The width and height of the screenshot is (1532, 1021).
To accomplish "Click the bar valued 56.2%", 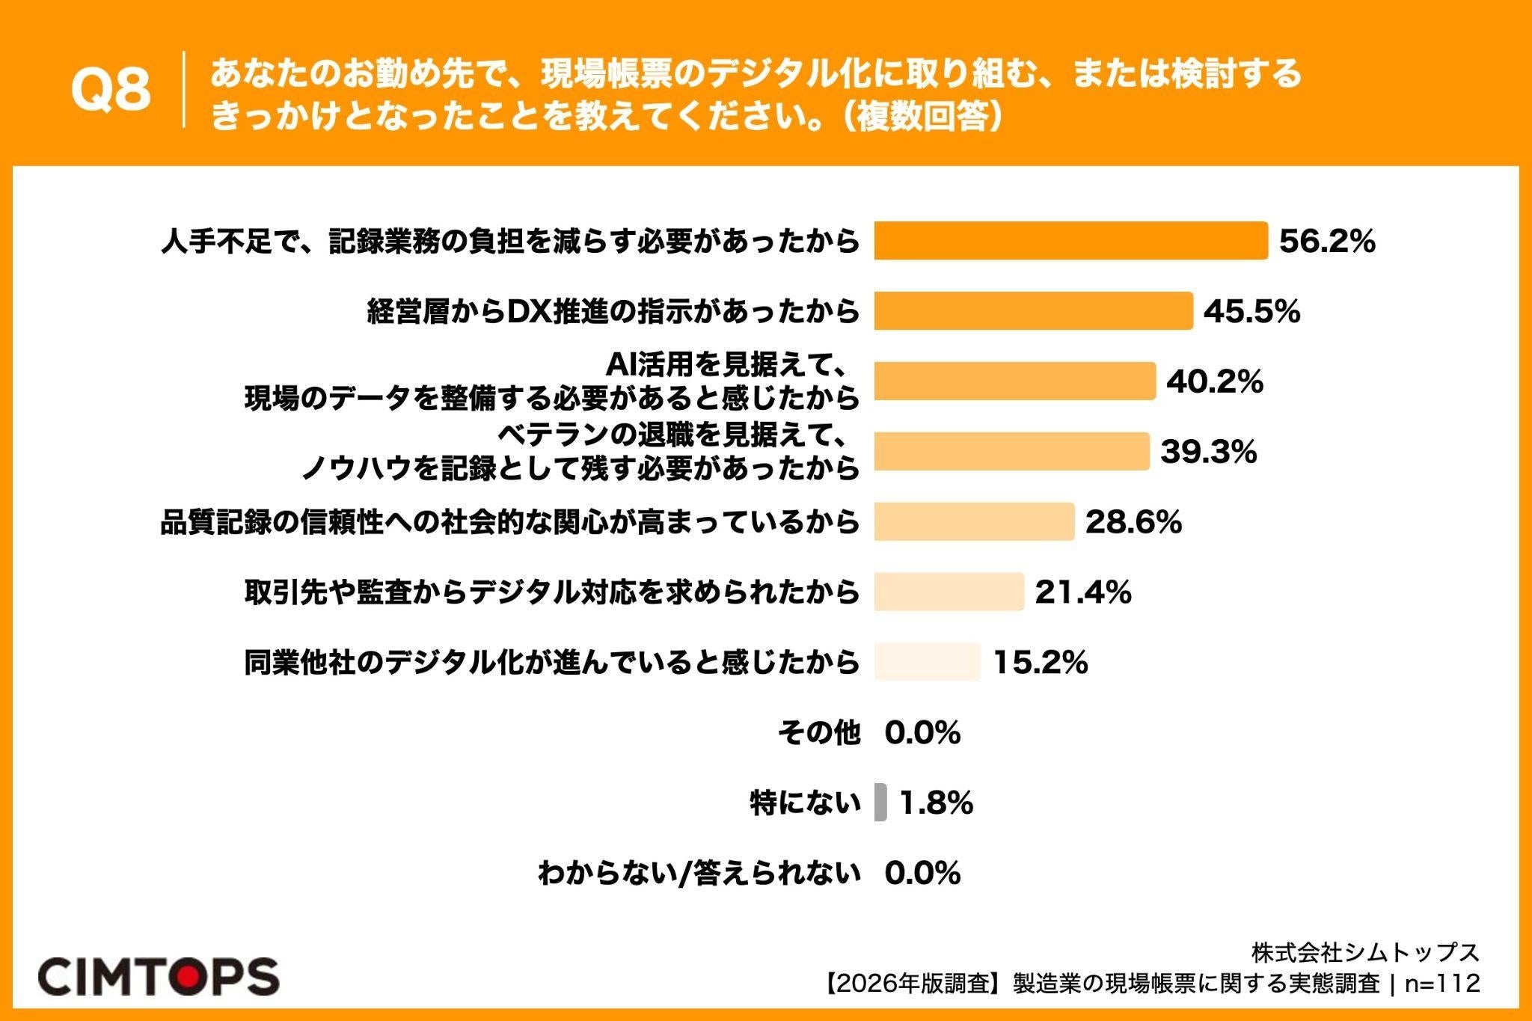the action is point(1071,241).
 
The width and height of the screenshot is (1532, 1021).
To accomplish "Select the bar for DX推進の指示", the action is point(1034,310).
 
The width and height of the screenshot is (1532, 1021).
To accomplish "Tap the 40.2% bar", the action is point(1015,381).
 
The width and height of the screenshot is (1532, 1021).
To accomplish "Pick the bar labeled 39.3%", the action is point(1012,451).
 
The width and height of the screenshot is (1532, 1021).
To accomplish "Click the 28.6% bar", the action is point(975,521).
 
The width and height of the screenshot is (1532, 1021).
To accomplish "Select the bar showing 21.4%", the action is point(949,592).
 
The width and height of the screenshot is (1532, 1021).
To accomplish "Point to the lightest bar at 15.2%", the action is point(928,662).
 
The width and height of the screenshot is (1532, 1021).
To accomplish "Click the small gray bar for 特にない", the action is point(880,803).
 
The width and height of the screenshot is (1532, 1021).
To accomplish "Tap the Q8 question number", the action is point(111,91).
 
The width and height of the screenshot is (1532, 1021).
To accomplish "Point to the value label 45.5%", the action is point(1251,311).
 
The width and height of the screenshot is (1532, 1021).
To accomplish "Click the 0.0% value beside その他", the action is point(922,733).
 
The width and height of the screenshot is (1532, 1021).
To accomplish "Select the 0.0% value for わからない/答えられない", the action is point(922,873).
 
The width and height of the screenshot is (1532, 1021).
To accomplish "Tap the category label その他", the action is point(819,733).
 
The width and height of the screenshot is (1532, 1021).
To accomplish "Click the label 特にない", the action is point(806,803).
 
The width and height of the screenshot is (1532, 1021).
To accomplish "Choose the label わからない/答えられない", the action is point(699,873).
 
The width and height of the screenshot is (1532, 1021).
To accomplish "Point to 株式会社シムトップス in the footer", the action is point(1366,951).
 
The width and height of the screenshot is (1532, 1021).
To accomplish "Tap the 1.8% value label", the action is point(936,803).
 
